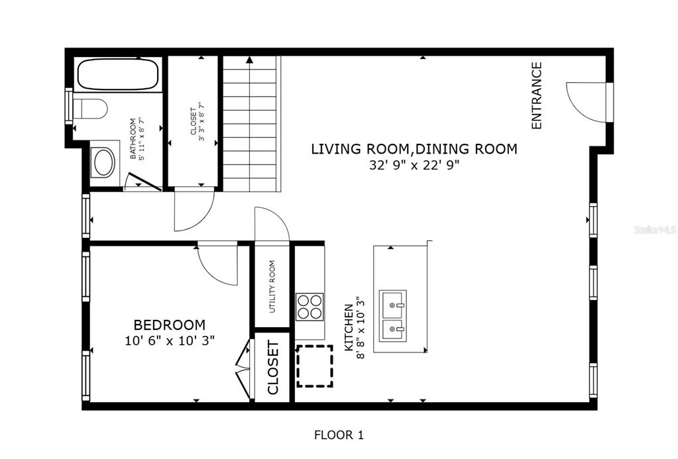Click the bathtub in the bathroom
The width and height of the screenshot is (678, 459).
[x=117, y=74]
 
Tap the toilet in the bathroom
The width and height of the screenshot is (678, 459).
[x=90, y=108]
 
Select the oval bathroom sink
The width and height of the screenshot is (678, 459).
[x=104, y=162]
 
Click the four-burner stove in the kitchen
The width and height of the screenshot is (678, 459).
[x=310, y=307]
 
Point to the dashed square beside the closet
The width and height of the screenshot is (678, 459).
[x=314, y=366]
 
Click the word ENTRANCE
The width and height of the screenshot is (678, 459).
[x=536, y=95]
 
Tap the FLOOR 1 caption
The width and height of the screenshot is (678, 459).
[x=339, y=434]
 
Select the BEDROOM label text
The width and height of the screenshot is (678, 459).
[x=170, y=325]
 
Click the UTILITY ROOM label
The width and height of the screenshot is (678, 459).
[x=272, y=287]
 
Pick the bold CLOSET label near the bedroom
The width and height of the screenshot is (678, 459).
[x=273, y=368]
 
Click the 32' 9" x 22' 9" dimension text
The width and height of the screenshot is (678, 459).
[x=414, y=165]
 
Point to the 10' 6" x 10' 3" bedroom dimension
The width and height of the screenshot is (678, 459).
[x=170, y=340]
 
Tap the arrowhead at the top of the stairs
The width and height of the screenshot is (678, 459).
[x=249, y=60]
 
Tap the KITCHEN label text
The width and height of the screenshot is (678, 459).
[x=348, y=328]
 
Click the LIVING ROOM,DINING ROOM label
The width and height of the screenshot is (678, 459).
[x=414, y=148]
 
